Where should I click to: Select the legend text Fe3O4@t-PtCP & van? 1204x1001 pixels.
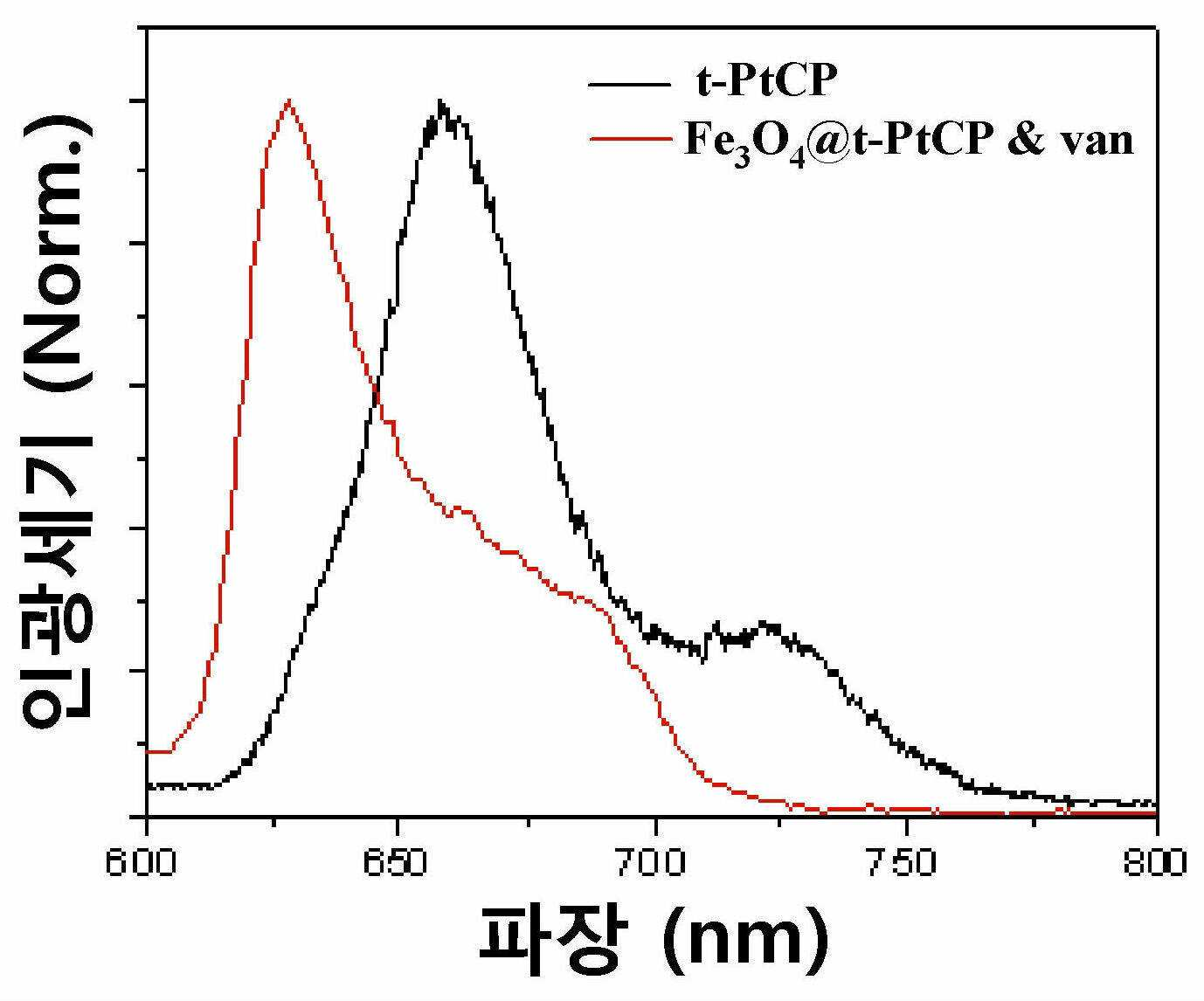pos(908,142)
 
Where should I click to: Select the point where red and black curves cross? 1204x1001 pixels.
pos(376,393)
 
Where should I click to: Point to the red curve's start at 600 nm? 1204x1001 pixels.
pos(149,751)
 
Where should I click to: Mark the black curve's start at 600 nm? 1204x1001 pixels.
pos(149,784)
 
